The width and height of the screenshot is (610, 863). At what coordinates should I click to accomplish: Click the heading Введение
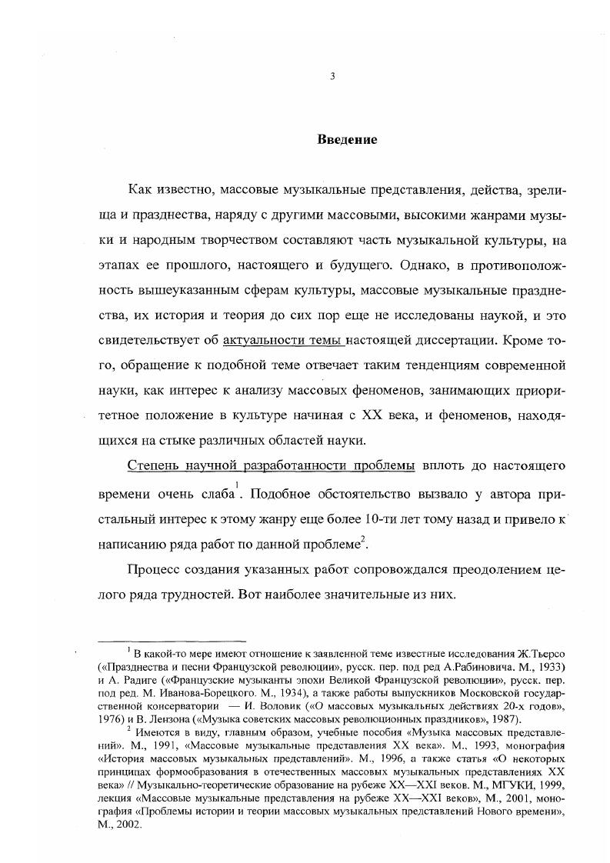[347, 140]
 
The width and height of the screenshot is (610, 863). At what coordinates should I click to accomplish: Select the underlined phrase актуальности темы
[284, 340]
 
